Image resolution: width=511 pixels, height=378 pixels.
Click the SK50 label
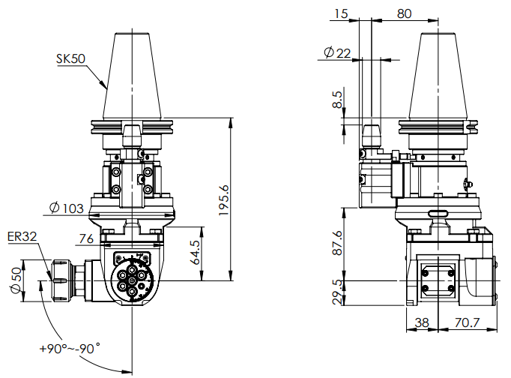pos(70,58)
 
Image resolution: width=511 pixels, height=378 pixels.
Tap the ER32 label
pos(22,237)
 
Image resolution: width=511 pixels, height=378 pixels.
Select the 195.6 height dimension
pos(223,201)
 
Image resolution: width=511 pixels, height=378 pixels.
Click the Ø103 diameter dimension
pos(65,208)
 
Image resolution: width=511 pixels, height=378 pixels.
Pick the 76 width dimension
pos(85,238)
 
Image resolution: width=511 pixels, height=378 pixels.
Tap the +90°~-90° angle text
pos(69,349)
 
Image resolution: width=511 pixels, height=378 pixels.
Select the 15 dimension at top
pos(342,13)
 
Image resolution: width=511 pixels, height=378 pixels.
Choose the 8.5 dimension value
pos(339,100)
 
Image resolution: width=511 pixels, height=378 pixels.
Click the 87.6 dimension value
pos(339,241)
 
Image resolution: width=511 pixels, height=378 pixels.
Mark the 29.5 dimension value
pos(339,292)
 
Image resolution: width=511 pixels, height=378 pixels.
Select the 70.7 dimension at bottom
pos(467,324)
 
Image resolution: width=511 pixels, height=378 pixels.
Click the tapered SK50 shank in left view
pos(132,75)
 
